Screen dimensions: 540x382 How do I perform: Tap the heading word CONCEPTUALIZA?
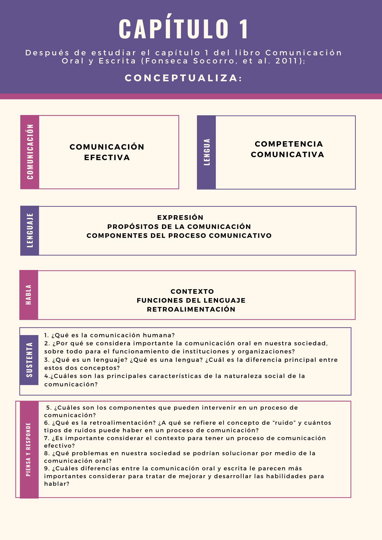[183, 78]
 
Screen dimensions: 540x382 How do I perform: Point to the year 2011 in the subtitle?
[287, 61]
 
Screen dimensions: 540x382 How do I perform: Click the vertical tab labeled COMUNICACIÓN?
[30, 152]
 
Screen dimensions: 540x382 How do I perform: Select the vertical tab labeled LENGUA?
[207, 152]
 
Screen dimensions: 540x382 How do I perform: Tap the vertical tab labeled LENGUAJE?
[30, 231]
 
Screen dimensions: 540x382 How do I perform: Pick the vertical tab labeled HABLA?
[29, 295]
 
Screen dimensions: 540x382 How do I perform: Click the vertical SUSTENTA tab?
[29, 360]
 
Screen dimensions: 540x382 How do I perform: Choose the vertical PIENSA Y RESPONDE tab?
[29, 449]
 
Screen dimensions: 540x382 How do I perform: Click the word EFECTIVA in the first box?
[107, 157]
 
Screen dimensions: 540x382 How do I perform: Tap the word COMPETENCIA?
[289, 144]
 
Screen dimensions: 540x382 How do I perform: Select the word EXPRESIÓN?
[180, 218]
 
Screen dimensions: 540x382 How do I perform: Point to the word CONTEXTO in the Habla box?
[192, 292]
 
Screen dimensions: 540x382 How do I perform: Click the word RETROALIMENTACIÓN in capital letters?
[191, 309]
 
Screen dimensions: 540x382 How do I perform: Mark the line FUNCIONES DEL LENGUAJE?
[191, 301]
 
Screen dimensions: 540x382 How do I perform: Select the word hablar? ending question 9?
[57, 484]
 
